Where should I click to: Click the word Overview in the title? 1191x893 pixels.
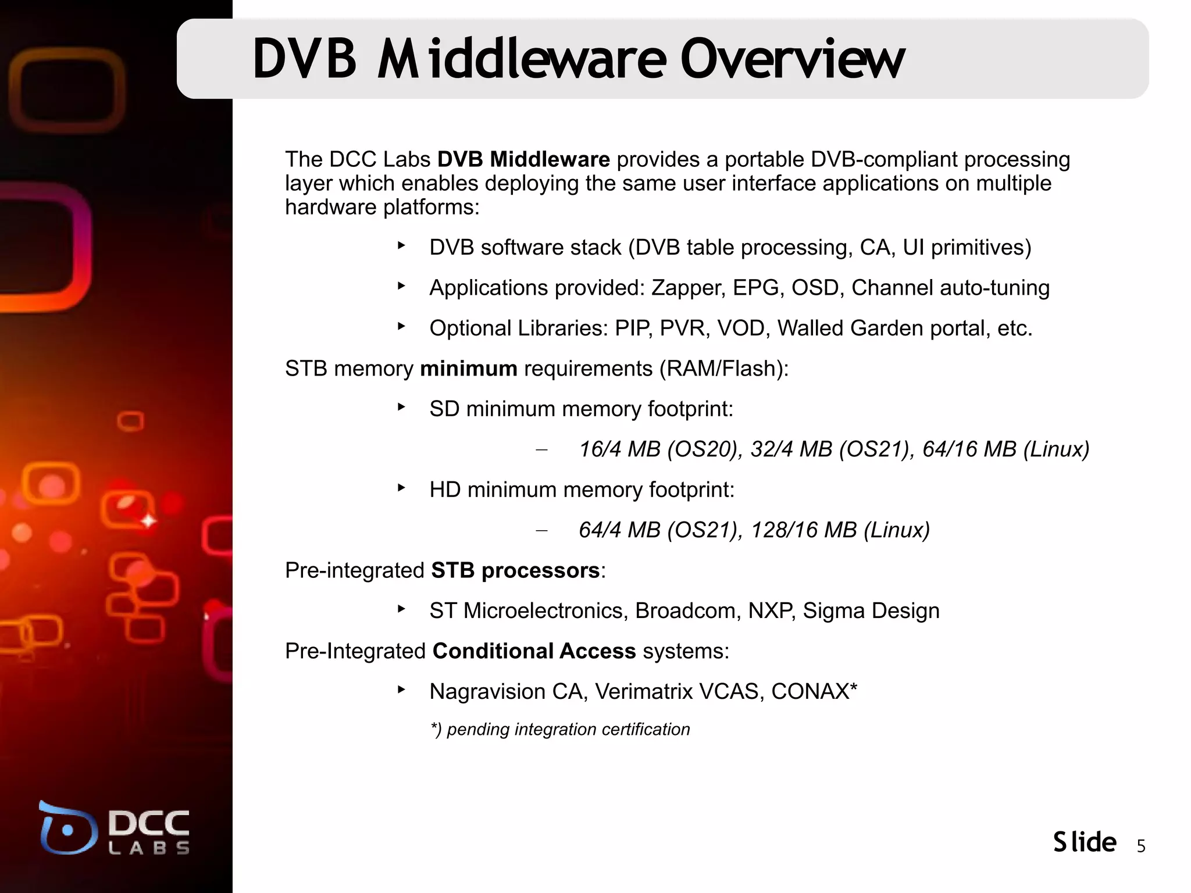(792, 59)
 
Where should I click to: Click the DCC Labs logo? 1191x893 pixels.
(115, 828)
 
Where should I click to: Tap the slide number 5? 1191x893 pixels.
(1140, 846)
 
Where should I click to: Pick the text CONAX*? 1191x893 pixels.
(814, 692)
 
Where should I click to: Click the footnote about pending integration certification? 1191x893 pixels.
(560, 730)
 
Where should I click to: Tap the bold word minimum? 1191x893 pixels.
(468, 369)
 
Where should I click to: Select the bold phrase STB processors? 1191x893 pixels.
(515, 571)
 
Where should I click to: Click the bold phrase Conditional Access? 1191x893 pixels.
(534, 651)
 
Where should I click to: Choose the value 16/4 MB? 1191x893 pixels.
(620, 449)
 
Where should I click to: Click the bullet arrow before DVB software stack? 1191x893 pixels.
(401, 246)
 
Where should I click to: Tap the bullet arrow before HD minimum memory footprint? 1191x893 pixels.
(401, 488)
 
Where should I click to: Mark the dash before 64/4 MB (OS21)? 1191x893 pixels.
(541, 531)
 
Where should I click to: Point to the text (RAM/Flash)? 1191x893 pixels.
(723, 369)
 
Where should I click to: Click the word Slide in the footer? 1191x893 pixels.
(1085, 842)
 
